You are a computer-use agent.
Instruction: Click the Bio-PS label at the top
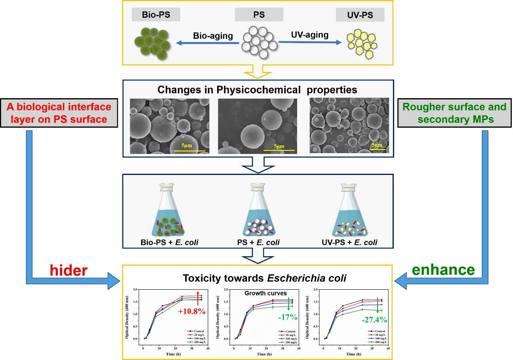(x=156, y=15)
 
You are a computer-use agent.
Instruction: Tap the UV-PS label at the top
(x=360, y=15)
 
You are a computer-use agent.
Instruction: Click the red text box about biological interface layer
(x=59, y=114)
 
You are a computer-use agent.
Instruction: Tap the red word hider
(x=68, y=270)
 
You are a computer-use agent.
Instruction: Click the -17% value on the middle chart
(x=288, y=317)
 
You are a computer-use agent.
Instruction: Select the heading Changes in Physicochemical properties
(x=257, y=89)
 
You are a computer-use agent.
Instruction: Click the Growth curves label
(x=265, y=293)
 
